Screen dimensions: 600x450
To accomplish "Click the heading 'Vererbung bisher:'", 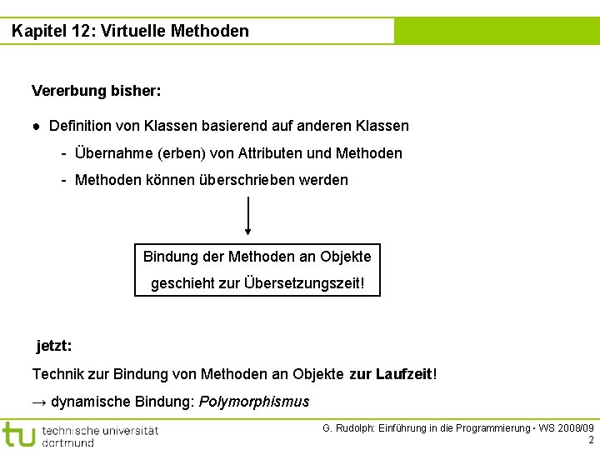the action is [97, 90].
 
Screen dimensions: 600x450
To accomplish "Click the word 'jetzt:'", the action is [54, 345].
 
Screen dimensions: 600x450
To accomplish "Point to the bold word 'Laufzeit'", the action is [405, 374].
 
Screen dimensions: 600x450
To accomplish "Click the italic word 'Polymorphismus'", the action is [254, 402].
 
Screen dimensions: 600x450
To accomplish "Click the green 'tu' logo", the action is [18, 434].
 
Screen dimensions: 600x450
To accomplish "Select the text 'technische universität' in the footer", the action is [100, 430].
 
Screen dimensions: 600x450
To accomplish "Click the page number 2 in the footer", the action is [591, 440].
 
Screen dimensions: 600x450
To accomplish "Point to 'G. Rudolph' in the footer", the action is [348, 428].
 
